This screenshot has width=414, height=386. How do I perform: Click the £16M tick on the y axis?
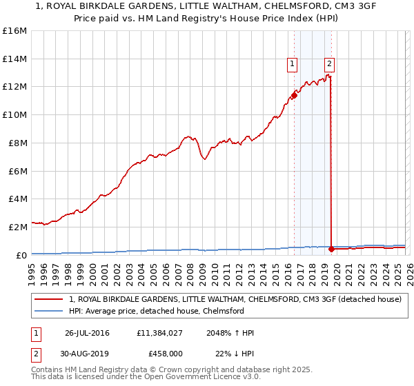coord(15,31)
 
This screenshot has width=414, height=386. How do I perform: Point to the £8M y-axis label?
coord(17,143)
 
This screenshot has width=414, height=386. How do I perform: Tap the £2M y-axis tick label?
coord(17,226)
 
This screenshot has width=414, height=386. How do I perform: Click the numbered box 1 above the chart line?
coord(293,64)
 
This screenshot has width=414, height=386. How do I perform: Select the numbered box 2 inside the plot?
coord(330,64)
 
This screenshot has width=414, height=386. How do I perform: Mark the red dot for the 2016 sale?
coord(294,95)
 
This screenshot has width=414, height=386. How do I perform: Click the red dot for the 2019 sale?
coord(332,248)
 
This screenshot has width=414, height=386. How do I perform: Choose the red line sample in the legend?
coord(50,300)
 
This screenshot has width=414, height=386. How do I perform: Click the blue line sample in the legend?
coord(50,311)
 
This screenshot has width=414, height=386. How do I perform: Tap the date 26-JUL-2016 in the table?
coord(88,334)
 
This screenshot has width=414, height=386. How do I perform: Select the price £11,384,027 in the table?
coord(159,334)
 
